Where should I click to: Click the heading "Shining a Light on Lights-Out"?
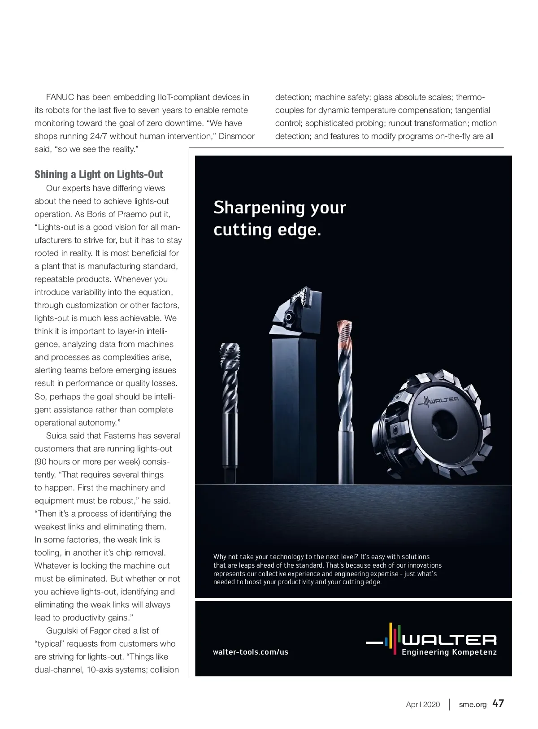[x=99, y=174]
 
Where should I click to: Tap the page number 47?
[x=498, y=703]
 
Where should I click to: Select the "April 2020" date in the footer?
[x=423, y=704]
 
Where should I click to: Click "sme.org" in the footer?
[x=473, y=704]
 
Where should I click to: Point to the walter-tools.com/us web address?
[x=251, y=652]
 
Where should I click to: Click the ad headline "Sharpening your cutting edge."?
[x=280, y=218]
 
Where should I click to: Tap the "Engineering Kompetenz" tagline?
[x=449, y=652]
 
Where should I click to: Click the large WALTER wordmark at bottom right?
[x=450, y=639]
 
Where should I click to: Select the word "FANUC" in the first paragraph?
[x=60, y=97]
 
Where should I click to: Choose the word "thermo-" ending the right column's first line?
[x=471, y=97]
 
